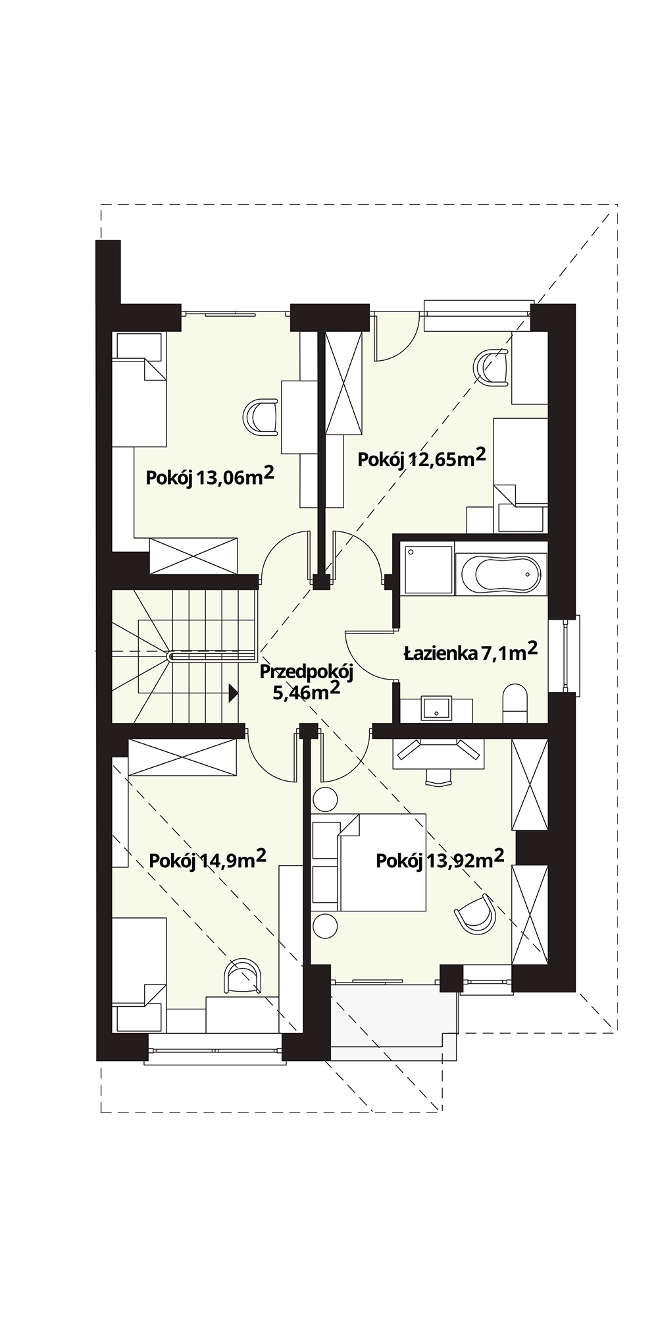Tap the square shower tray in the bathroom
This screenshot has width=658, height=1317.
tap(428, 570)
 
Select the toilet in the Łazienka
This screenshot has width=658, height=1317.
tap(515, 703)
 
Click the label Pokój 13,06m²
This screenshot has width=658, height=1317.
tap(210, 475)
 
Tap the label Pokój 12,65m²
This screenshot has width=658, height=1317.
tap(422, 458)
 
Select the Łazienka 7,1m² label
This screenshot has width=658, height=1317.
tap(470, 652)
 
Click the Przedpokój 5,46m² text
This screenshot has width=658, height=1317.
tap(307, 682)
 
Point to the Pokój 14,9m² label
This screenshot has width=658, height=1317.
tap(208, 859)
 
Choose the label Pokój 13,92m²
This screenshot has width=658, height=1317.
tap(440, 859)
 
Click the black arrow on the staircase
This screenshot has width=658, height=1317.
tap(233, 692)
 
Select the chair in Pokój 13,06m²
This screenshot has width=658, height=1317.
tap(261, 417)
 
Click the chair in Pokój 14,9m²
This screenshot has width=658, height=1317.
tap(242, 976)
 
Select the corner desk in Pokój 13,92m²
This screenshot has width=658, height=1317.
tap(438, 754)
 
